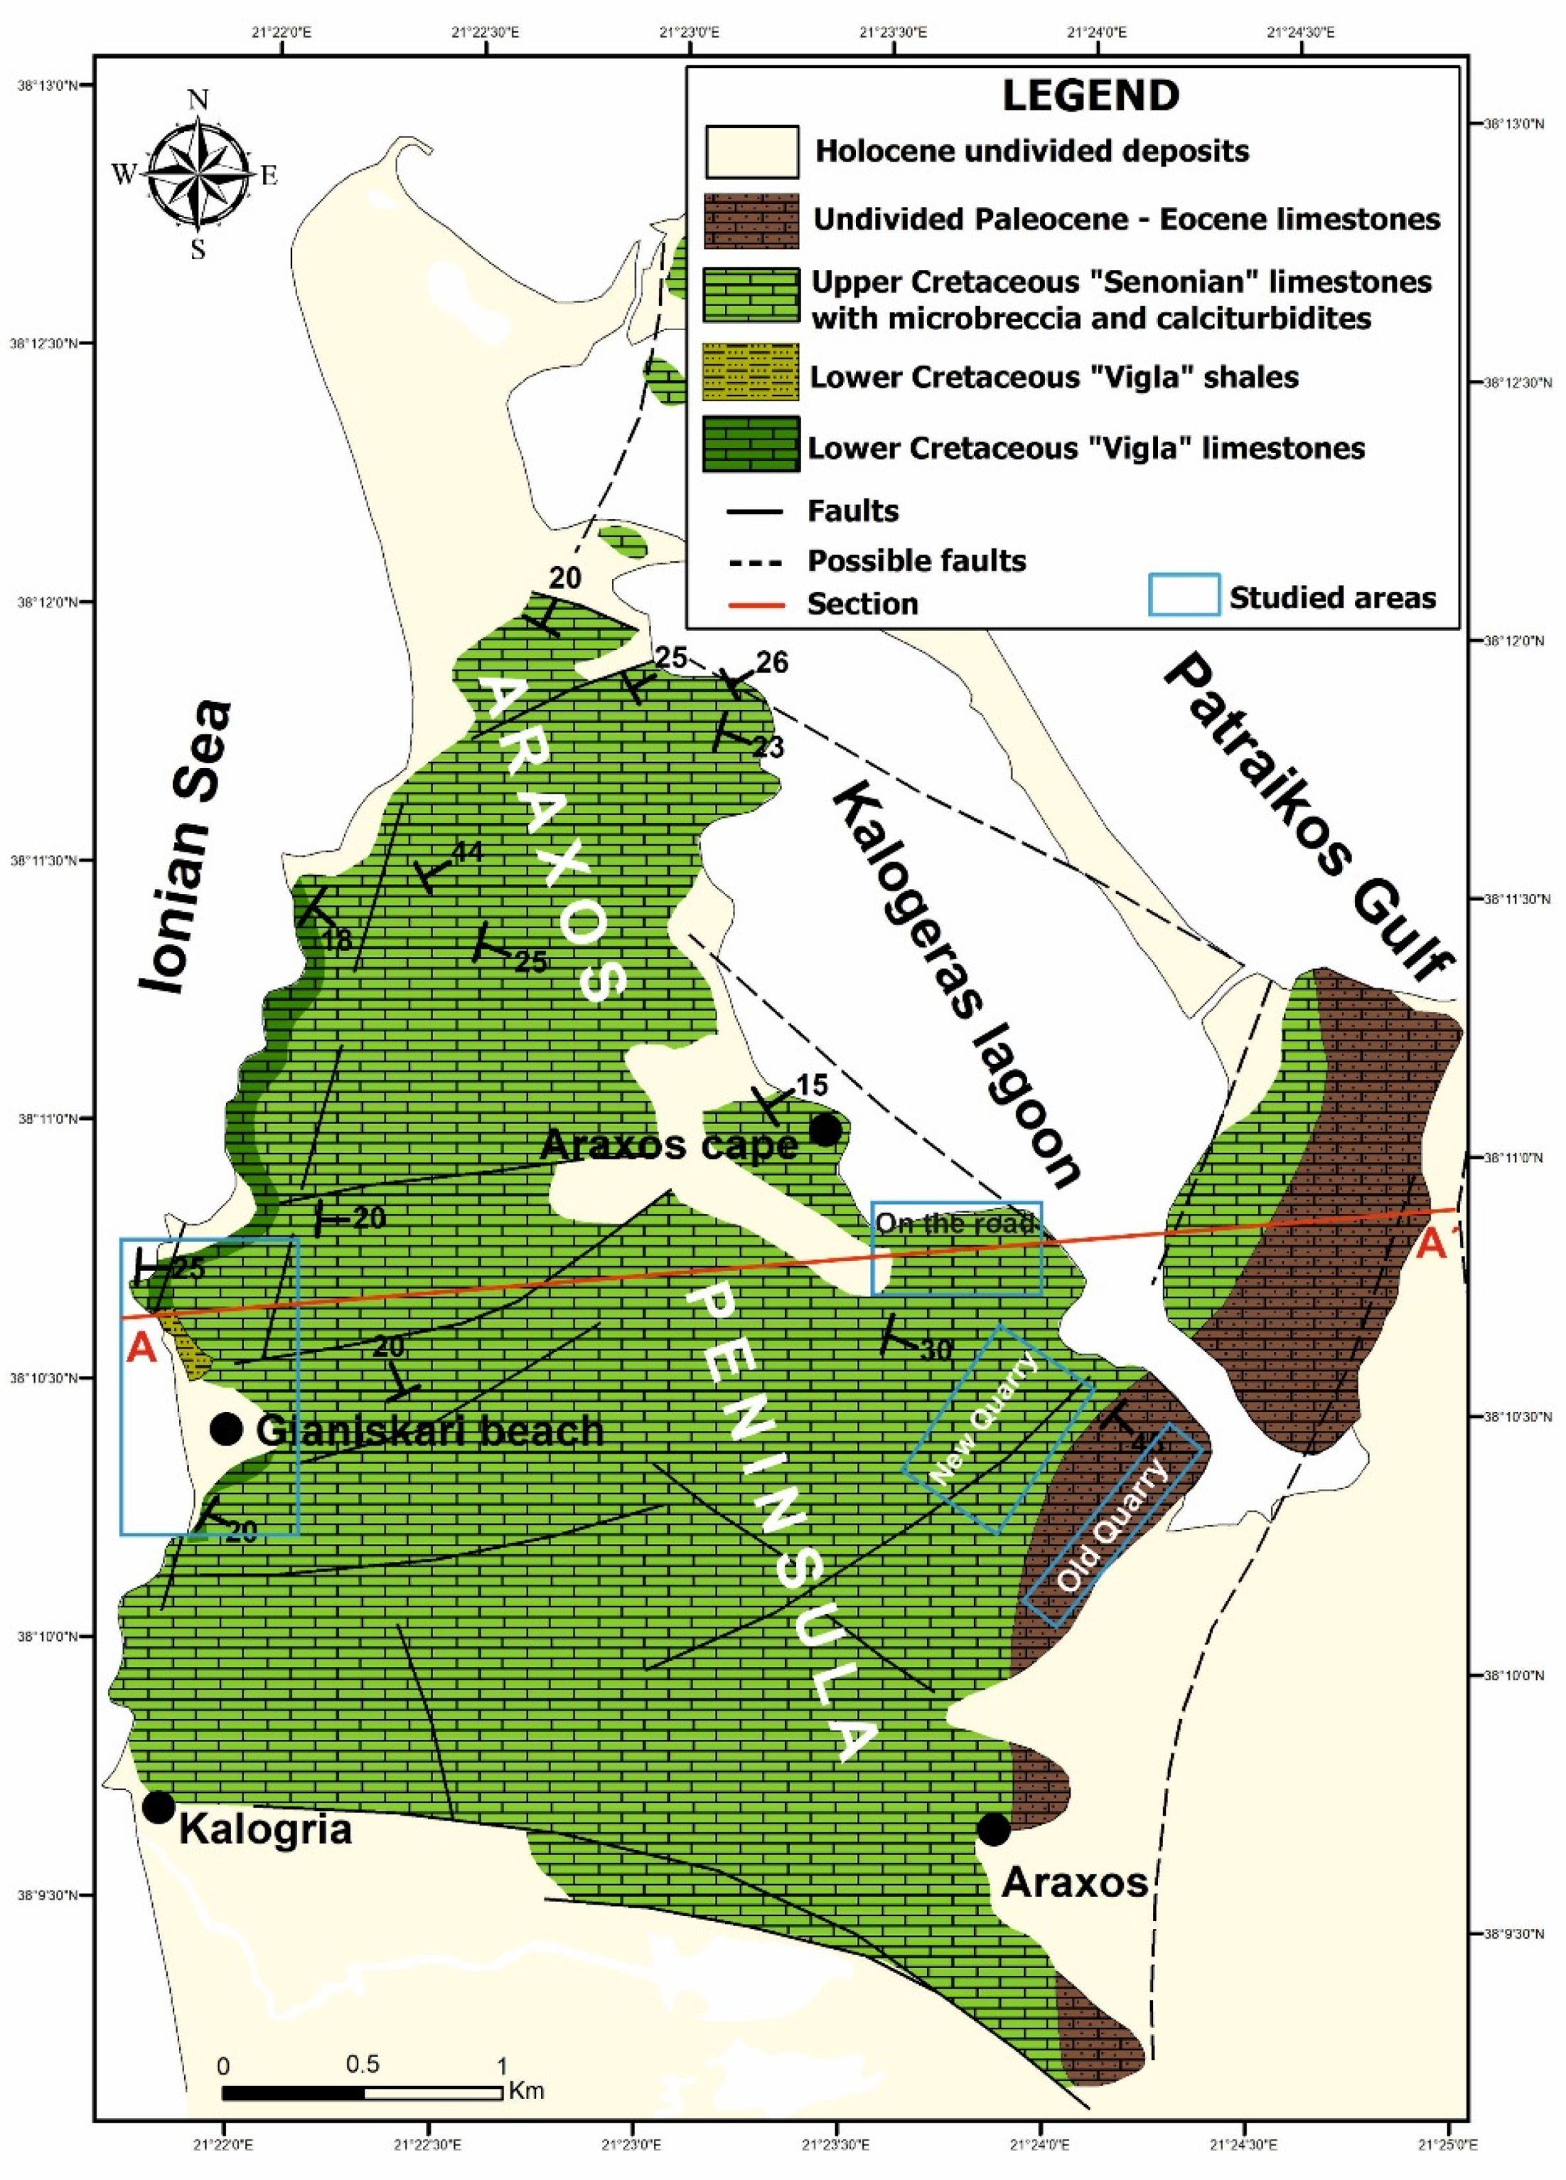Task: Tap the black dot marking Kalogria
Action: [158, 1807]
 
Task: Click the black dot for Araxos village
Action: [992, 1829]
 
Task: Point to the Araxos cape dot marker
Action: [825, 1130]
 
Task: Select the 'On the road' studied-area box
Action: [956, 1248]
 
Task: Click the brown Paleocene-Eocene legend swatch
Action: [751, 220]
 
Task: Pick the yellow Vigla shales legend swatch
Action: [751, 374]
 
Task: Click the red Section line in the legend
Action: [755, 605]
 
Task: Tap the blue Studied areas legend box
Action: [1184, 595]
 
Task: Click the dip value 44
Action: [468, 851]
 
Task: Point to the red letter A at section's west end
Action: [141, 1348]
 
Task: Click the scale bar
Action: [363, 2093]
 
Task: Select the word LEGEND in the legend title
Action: [1090, 96]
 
